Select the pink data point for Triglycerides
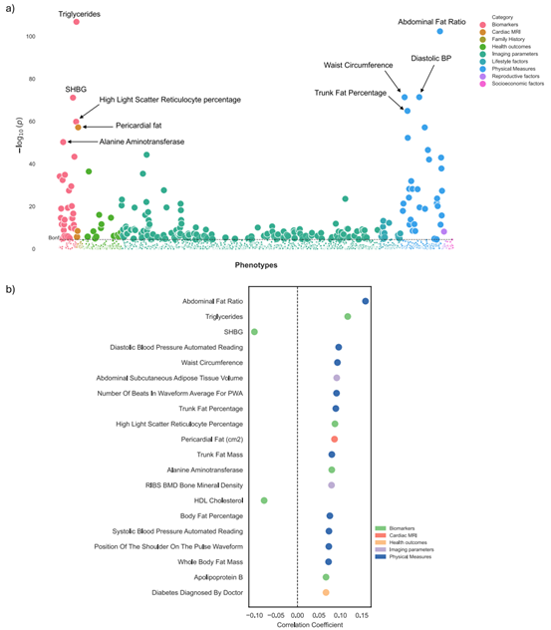coord(77,21)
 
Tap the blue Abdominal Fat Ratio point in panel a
coord(439,32)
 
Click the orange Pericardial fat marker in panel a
coord(78,128)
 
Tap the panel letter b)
coord(11,289)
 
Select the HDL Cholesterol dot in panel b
coord(264,500)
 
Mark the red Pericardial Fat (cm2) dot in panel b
coord(335,440)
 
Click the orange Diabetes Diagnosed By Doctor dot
coord(326,593)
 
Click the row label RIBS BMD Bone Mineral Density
coord(186,485)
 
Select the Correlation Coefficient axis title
coord(309,625)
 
